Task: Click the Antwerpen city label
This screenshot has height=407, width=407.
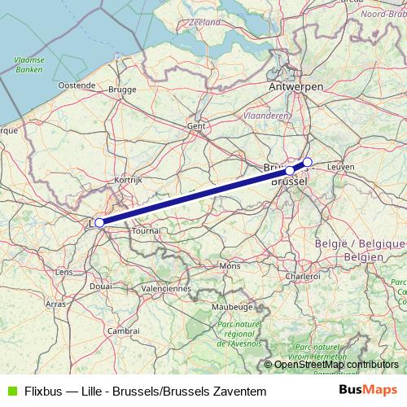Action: click(x=296, y=85)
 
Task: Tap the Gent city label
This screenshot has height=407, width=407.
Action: click(x=196, y=126)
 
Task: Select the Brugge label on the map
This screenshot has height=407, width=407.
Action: click(x=121, y=90)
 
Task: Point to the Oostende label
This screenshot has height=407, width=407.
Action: click(x=77, y=85)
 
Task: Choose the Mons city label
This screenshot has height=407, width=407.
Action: click(x=230, y=266)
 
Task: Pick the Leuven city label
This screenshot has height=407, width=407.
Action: click(x=340, y=166)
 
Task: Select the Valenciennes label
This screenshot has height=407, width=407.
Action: click(x=165, y=288)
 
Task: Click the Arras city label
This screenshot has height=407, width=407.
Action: click(x=56, y=304)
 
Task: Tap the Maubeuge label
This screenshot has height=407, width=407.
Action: click(x=230, y=307)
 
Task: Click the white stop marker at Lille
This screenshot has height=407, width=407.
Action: click(x=99, y=222)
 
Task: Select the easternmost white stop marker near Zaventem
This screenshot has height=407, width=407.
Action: click(x=308, y=162)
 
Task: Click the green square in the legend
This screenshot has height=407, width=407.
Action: click(x=11, y=391)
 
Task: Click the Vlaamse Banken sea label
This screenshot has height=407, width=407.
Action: click(x=29, y=65)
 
